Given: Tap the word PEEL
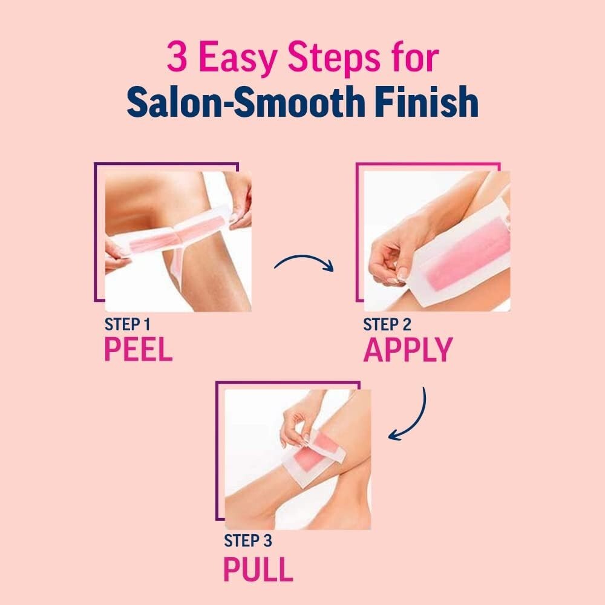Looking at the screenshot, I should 139,349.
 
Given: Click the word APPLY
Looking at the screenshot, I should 408,350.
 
